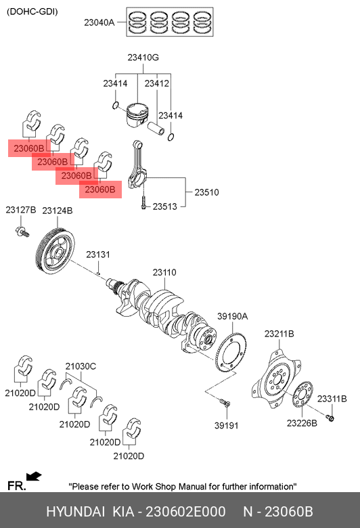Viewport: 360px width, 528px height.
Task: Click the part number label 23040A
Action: [99, 22]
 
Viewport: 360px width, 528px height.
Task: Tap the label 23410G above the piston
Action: [143, 58]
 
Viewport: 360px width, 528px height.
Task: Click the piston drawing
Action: [137, 115]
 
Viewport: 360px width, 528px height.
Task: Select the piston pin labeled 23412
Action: [156, 128]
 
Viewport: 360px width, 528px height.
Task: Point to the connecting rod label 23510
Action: [206, 192]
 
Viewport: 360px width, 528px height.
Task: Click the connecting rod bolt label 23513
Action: [164, 206]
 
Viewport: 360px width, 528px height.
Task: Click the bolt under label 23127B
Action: [22, 232]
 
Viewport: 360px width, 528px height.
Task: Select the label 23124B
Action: [58, 211]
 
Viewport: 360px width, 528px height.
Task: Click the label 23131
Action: [98, 255]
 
